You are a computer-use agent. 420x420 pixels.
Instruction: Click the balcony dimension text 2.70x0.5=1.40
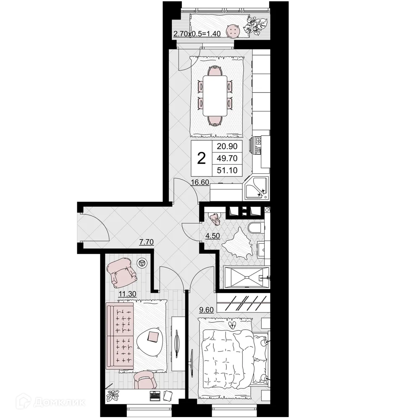pyautogui.click(x=197, y=34)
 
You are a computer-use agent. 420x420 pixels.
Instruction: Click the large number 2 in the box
pyautogui.click(x=202, y=159)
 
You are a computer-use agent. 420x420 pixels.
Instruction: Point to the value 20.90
pyautogui.click(x=227, y=147)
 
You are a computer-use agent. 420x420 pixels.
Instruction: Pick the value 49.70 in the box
pyautogui.click(x=227, y=158)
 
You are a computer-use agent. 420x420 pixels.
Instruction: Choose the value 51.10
pyautogui.click(x=227, y=170)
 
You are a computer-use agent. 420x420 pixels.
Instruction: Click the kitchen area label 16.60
pyautogui.click(x=200, y=182)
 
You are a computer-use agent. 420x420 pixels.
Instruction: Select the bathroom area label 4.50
pyautogui.click(x=212, y=235)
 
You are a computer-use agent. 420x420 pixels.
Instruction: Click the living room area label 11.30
pyautogui.click(x=127, y=294)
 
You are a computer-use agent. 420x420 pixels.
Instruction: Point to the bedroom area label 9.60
pyautogui.click(x=207, y=311)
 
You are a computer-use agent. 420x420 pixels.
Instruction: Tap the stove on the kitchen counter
pyautogui.click(x=257, y=145)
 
